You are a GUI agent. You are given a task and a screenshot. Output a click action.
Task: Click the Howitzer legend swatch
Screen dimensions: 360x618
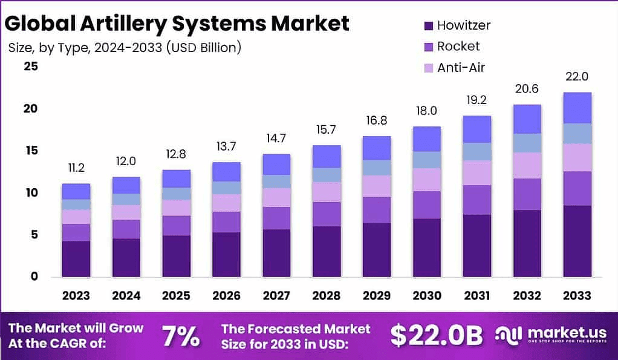click(x=429, y=26)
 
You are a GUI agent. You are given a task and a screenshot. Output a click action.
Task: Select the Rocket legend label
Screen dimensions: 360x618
click(x=458, y=47)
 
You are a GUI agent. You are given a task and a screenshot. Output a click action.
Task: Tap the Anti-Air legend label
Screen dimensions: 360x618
click(x=461, y=68)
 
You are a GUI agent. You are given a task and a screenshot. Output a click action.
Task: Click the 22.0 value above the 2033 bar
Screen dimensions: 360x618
click(x=576, y=77)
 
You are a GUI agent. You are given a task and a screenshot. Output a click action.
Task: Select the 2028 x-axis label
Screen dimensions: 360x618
click(x=326, y=296)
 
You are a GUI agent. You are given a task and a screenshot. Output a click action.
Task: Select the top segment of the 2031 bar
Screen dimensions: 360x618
click(x=477, y=129)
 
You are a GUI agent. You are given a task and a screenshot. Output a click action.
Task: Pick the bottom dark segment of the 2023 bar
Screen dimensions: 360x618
click(x=76, y=258)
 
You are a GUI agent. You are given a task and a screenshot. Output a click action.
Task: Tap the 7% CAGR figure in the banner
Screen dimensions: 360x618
click(x=181, y=336)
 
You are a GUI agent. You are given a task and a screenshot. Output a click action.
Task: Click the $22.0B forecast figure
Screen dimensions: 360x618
click(x=436, y=335)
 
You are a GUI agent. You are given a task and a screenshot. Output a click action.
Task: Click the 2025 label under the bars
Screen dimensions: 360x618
click(x=176, y=296)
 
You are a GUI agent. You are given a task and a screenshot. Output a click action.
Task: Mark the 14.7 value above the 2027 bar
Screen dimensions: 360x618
click(x=276, y=139)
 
